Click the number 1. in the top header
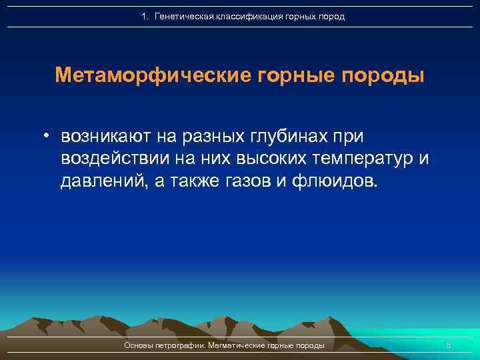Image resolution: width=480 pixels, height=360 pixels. point(145,16)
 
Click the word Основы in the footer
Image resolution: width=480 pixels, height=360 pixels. point(139,345)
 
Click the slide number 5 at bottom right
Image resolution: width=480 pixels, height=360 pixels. point(449,345)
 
